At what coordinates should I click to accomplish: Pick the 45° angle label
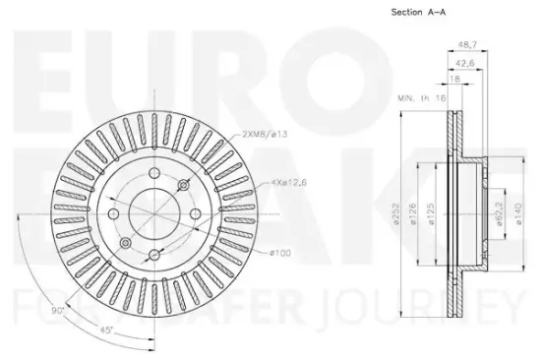(105, 330)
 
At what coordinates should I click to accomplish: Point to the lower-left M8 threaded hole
(125, 242)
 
